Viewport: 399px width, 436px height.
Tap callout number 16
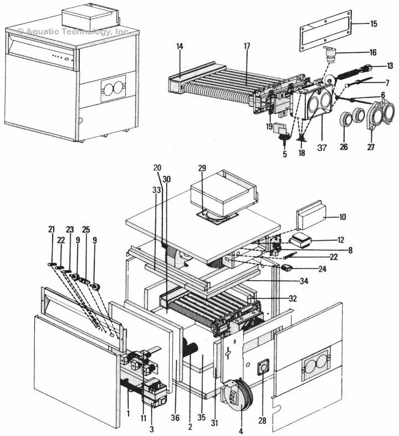tap(373, 52)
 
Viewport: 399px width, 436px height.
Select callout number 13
tap(390, 66)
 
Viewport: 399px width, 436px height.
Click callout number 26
tap(344, 148)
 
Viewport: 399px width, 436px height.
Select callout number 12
tap(340, 240)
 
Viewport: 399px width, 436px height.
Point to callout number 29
tap(202, 167)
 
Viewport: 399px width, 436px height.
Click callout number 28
tap(262, 421)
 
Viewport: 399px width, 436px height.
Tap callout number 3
tap(151, 429)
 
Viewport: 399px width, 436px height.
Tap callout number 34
tap(304, 281)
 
